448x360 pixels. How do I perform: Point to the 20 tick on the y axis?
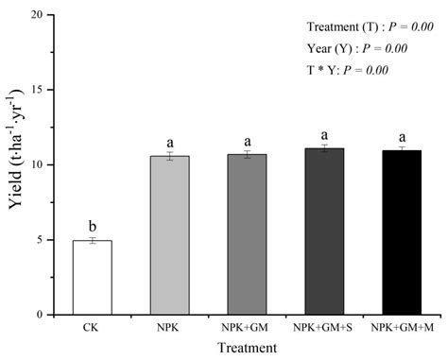45,16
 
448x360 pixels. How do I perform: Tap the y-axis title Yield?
14,165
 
